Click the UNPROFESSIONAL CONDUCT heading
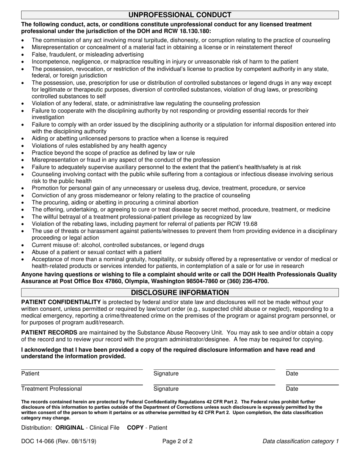[x=180, y=15]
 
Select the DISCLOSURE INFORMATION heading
[x=180, y=292]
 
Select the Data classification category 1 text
[x=301, y=441]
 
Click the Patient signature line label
[x=30, y=374]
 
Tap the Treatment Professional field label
[x=52, y=389]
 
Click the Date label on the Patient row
[x=292, y=374]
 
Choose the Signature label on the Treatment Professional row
[x=166, y=389]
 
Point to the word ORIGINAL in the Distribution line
[x=70, y=427]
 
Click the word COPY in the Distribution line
[x=135, y=427]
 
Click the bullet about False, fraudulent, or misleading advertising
[x=88, y=54]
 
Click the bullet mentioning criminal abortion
[x=115, y=202]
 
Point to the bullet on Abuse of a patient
[x=97, y=252]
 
